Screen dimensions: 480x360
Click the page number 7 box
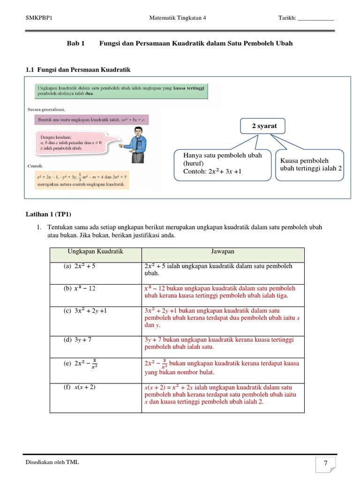[325, 464]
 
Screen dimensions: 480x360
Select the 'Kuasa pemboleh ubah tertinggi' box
[309, 165]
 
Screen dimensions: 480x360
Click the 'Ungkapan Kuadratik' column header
[96, 252]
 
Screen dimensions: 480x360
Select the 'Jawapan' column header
[223, 252]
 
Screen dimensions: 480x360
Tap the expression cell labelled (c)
[96, 317]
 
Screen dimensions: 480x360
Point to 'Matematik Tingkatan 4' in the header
[177, 18]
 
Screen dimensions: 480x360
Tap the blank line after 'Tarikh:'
[316, 19]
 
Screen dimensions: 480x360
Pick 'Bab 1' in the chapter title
[75, 43]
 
